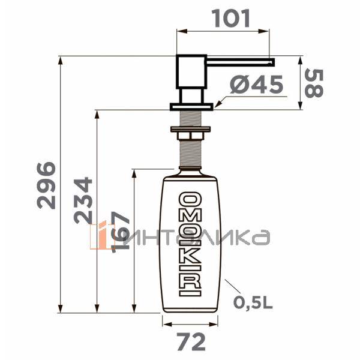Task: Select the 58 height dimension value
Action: pyautogui.click(x=313, y=83)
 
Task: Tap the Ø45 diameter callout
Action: pyautogui.click(x=257, y=86)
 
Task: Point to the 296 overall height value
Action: pyautogui.click(x=46, y=184)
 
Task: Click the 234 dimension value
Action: pyautogui.click(x=83, y=200)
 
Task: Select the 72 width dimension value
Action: pyautogui.click(x=191, y=342)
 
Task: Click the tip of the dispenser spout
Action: pyautogui.click(x=272, y=61)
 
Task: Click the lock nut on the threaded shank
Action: pyautogui.click(x=191, y=128)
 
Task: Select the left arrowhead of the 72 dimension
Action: pyautogui.click(x=164, y=323)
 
